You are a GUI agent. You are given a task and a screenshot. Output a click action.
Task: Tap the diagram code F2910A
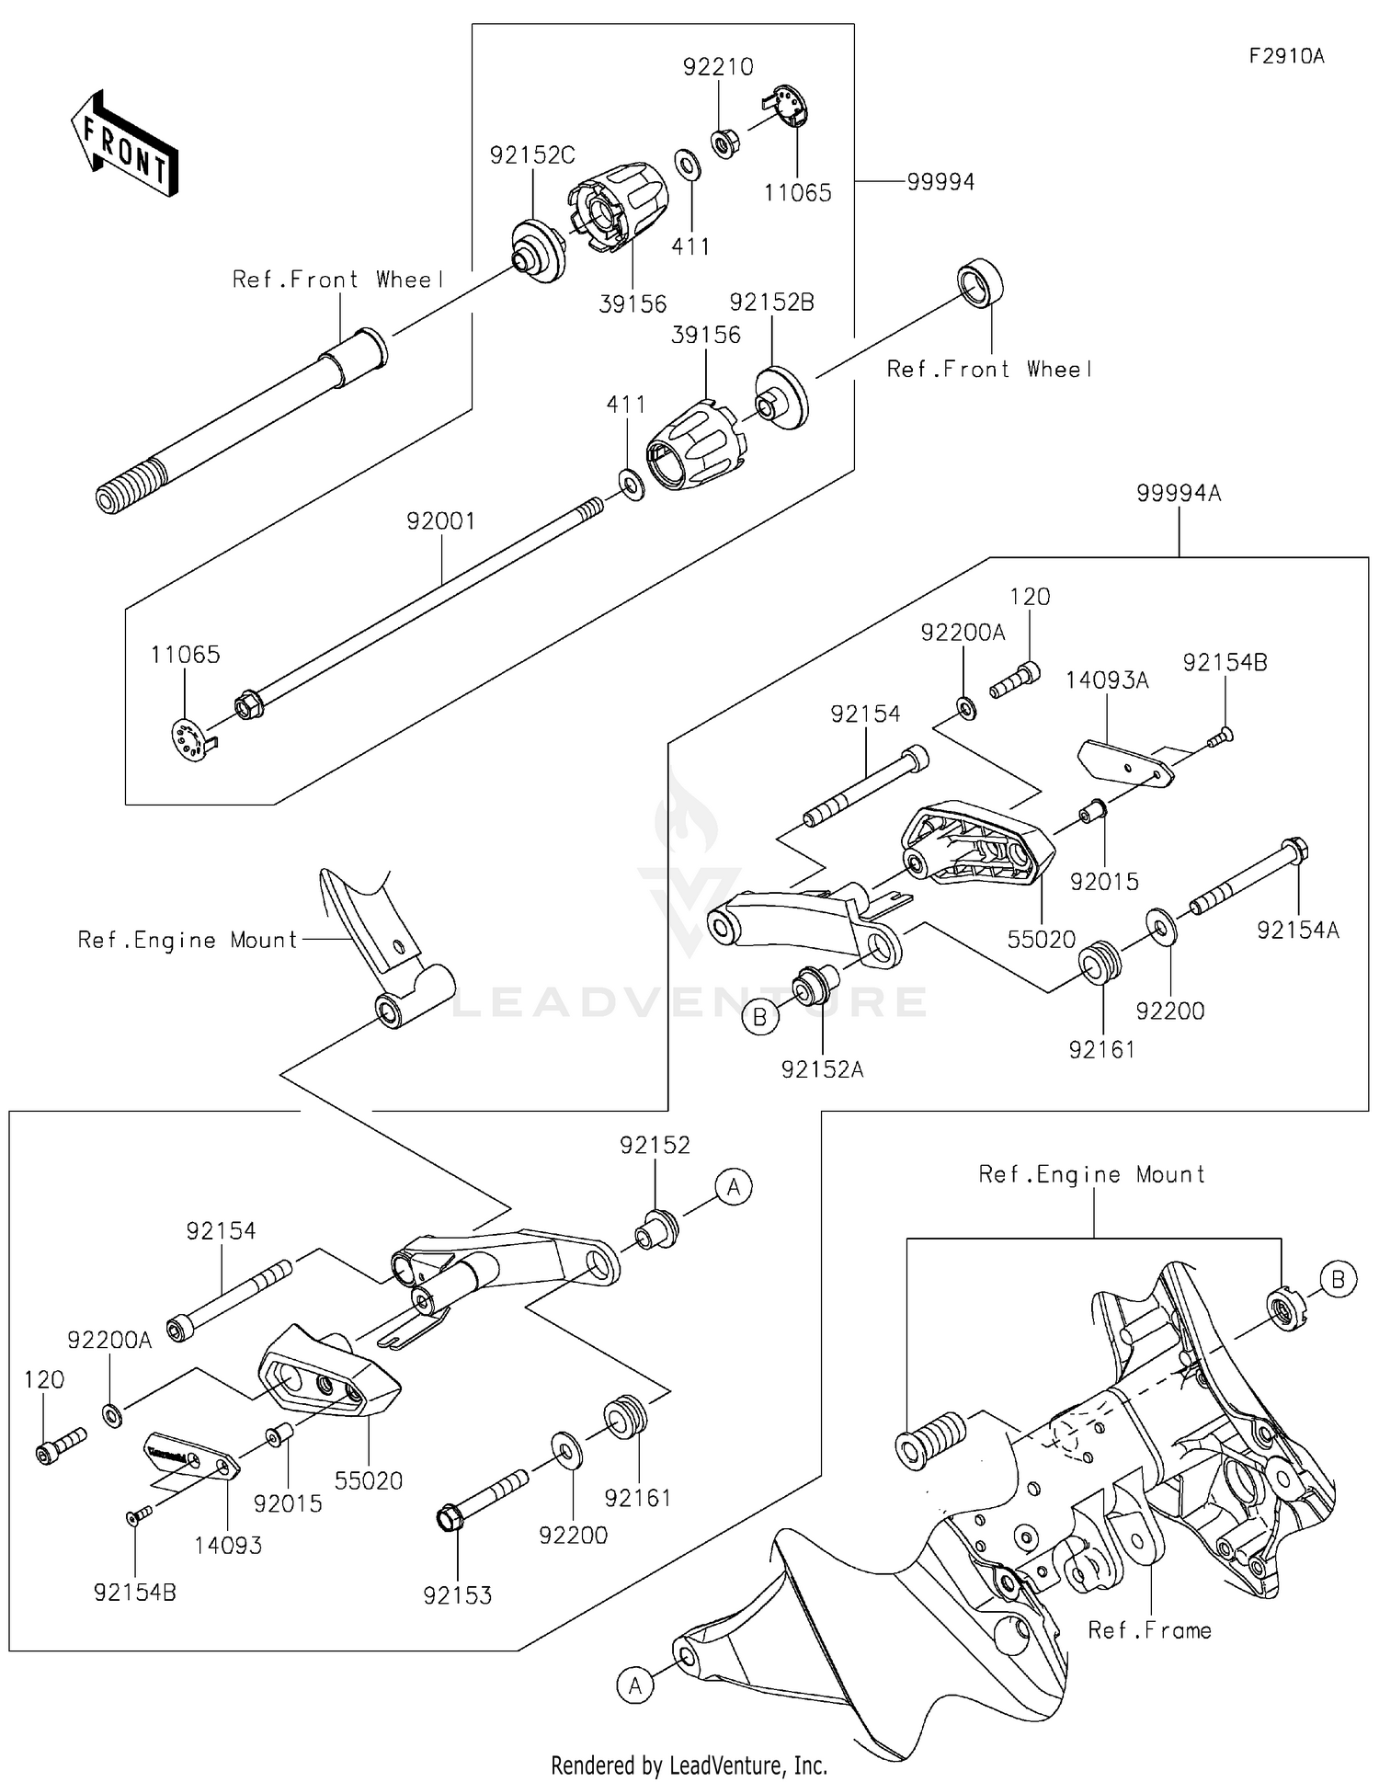1286,56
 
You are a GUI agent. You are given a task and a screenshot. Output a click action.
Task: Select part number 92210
718,67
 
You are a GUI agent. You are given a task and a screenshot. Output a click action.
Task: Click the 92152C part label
532,155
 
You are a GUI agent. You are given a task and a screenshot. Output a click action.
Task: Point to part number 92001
441,522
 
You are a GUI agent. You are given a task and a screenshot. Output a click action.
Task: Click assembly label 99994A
1179,494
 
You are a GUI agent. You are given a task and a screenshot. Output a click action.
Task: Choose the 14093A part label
1107,680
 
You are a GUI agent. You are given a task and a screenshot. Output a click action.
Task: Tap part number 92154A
1298,931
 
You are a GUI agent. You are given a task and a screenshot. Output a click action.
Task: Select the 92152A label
823,1069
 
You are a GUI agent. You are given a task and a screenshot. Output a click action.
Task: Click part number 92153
458,1596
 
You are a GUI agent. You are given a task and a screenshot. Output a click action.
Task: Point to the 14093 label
228,1546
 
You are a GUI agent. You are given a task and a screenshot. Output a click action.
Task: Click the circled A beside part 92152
733,1187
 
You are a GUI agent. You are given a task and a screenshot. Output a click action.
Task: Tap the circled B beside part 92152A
760,1018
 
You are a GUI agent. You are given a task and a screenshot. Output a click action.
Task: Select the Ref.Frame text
1149,1631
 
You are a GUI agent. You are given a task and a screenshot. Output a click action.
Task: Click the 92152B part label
771,303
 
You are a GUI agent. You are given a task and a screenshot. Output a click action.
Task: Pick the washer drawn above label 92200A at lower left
111,1415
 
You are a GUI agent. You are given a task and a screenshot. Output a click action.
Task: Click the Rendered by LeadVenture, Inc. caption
689,1765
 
